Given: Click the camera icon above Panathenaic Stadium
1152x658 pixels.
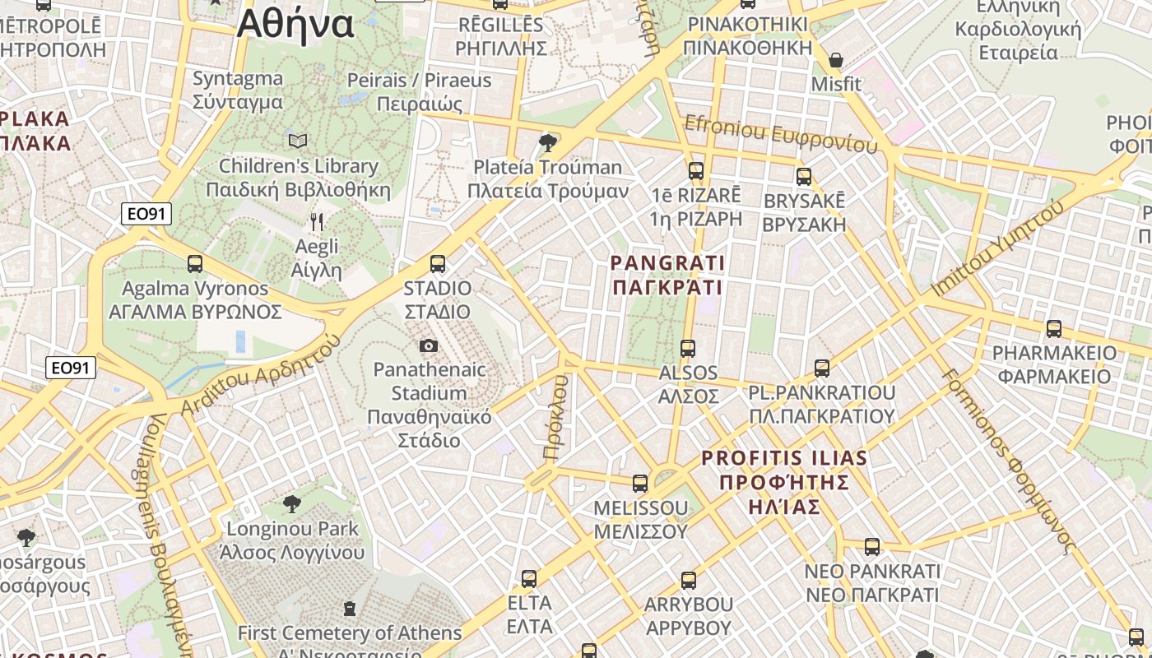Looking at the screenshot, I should (428, 346).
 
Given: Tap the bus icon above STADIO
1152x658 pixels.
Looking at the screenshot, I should (438, 264).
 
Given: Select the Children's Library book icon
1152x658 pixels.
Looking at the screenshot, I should (298, 141).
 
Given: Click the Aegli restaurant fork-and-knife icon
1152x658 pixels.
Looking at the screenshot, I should (317, 222).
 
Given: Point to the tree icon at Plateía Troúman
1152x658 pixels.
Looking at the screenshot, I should (547, 143).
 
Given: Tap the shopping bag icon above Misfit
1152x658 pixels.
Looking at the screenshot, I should (836, 60).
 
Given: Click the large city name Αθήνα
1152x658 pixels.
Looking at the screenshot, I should (295, 25).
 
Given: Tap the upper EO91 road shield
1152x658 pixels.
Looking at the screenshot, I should (146, 215).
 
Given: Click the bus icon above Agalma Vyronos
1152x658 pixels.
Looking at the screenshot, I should (195, 264).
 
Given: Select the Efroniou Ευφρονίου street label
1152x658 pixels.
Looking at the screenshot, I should (780, 135).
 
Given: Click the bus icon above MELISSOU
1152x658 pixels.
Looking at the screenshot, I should (640, 483).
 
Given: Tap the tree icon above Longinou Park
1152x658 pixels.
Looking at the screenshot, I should (291, 503).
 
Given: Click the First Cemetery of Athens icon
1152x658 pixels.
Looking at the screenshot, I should (350, 609).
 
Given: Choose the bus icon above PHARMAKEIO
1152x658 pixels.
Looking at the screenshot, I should (1054, 329).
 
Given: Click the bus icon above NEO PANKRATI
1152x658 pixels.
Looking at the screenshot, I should (872, 546).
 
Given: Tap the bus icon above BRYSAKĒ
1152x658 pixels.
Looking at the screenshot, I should (804, 176).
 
